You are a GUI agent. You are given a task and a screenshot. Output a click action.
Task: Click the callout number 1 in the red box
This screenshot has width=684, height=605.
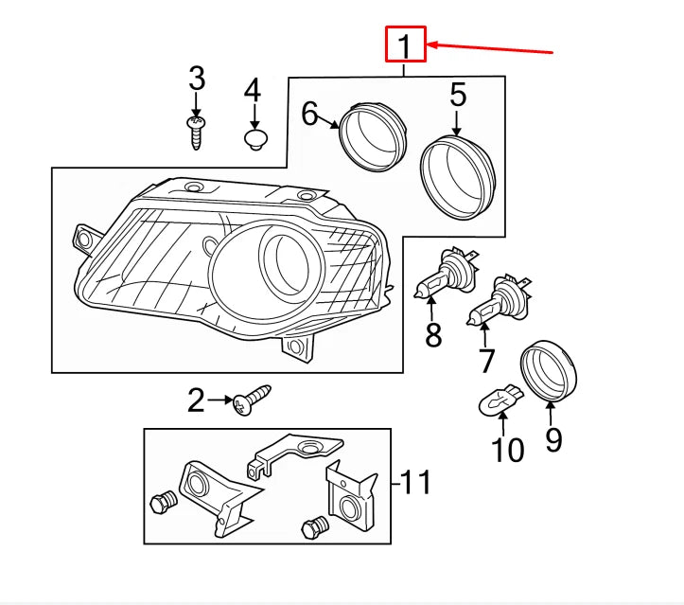click(405, 44)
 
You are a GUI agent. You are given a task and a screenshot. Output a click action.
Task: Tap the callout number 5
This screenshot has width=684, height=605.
click(458, 95)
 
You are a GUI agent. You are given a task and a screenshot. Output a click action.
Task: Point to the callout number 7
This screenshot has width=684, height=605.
click(486, 360)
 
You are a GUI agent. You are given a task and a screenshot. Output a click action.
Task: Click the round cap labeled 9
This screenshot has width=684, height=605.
click(550, 372)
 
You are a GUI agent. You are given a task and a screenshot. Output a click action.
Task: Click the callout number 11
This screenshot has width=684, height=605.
click(412, 483)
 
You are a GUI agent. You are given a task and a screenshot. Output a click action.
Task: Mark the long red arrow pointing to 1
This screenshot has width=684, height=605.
click(492, 47)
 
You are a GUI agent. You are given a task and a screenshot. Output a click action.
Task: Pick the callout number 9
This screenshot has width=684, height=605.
click(553, 439)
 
